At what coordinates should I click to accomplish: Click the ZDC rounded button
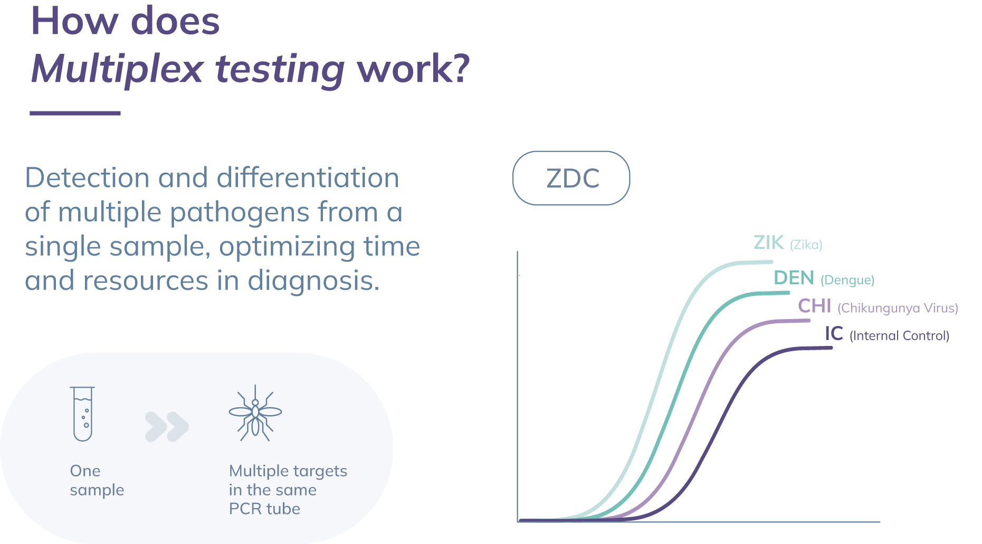tap(571, 178)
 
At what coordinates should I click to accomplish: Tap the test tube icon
tap(83, 414)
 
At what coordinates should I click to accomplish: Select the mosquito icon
tap(255, 413)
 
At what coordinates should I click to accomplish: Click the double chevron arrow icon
tap(167, 427)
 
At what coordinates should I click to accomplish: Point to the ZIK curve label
tap(768, 242)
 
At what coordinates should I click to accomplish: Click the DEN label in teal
tap(794, 278)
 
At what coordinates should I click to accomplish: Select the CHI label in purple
tap(814, 306)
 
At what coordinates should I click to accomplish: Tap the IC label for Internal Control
tap(834, 333)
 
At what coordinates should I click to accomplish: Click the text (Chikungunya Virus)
tap(898, 308)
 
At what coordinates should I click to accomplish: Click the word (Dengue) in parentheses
tap(847, 280)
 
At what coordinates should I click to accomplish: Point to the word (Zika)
tap(806, 245)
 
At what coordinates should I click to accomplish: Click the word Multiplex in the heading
tap(117, 69)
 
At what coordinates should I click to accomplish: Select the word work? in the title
tap(413, 69)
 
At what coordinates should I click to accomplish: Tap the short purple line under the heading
tap(75, 113)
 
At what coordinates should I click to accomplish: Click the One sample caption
tap(97, 480)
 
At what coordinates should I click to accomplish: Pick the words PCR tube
tap(264, 509)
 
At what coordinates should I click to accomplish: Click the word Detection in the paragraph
tap(88, 177)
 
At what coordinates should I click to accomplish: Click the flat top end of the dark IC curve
tap(832, 348)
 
